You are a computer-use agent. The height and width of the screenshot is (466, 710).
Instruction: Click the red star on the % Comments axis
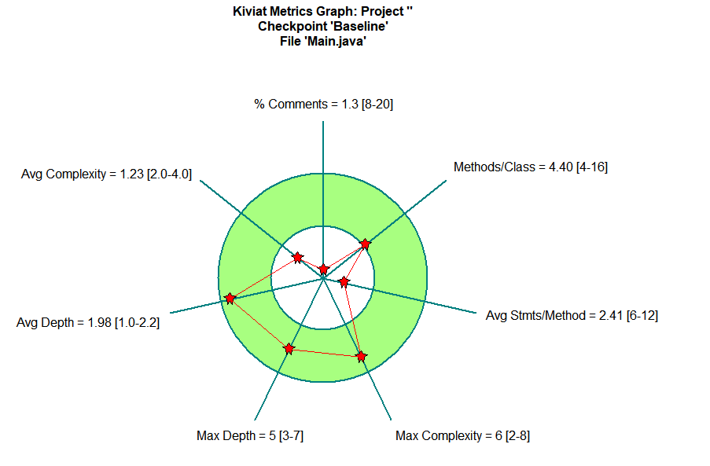(323, 270)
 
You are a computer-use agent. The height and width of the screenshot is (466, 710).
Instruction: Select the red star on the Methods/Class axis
(365, 244)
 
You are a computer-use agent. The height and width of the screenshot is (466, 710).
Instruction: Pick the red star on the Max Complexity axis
(361, 356)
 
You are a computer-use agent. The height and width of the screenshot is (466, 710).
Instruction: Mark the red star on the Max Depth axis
(289, 348)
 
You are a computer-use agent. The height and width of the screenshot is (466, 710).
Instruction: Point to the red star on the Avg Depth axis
(230, 298)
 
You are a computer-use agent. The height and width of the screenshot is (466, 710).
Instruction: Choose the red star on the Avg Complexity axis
(297, 257)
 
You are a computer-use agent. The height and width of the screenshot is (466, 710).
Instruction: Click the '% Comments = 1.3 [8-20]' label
(323, 104)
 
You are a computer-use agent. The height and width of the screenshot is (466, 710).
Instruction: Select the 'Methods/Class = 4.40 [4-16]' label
(530, 167)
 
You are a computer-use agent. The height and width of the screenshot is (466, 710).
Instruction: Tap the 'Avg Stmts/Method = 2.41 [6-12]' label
(572, 315)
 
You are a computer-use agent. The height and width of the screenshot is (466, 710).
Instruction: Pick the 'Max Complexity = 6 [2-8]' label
(462, 435)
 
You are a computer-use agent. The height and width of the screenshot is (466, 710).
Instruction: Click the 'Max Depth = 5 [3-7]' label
(250, 435)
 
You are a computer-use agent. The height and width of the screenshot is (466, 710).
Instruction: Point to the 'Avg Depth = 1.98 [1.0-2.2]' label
(88, 322)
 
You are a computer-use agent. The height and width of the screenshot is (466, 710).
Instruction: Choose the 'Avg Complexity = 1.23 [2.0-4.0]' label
(106, 174)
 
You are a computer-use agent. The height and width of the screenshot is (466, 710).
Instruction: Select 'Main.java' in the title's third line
(337, 40)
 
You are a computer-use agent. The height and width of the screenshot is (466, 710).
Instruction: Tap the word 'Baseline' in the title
(359, 26)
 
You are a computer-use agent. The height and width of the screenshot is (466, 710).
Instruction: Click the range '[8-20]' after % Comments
(377, 104)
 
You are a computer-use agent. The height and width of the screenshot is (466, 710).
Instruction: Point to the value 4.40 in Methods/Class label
(561, 167)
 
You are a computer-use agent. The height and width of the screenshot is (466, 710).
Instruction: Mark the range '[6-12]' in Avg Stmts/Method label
(642, 315)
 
